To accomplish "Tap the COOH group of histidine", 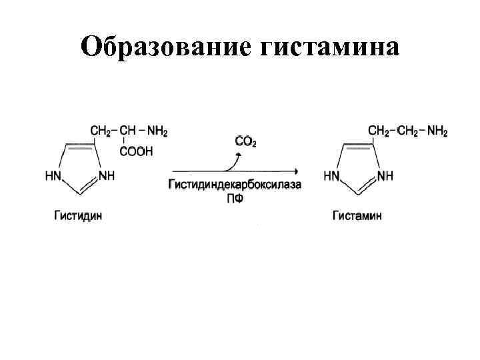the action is pos(136,151).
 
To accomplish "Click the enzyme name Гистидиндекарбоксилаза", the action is pos(234,184).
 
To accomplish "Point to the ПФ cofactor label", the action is pos(233,198).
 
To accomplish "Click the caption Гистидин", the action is pos(79,215).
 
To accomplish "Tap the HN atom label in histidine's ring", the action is pos(53,177).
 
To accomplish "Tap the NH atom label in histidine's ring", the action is pos(107,177).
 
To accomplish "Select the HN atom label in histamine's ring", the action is pos(331,177).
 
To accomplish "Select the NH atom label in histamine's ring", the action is pos(385,177).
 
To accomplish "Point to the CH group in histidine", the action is pos(127,131).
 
